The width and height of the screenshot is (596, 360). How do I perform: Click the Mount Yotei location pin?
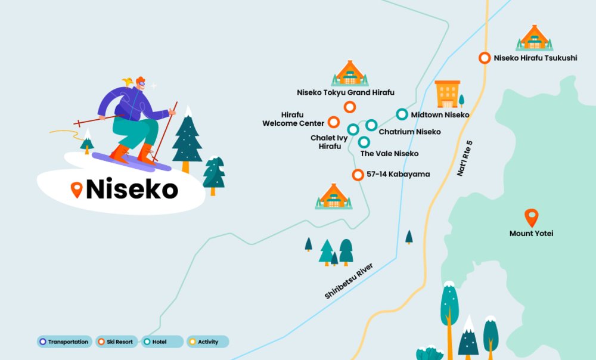coord(531,217)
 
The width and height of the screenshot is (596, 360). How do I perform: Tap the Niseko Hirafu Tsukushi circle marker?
coord(485,58)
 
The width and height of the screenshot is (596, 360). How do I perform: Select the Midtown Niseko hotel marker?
coord(402,114)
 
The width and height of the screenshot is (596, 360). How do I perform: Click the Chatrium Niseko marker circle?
coord(371,125)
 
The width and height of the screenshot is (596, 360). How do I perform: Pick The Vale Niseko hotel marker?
coord(364,142)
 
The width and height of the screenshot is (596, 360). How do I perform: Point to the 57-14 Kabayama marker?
coord(358,175)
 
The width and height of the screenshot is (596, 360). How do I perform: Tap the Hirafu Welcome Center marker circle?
coord(334,122)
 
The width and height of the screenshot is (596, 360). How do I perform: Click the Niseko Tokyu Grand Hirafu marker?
coord(350,107)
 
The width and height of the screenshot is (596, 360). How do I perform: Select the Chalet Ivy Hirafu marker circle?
coord(353,129)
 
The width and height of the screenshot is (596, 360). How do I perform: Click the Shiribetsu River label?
coord(349,281)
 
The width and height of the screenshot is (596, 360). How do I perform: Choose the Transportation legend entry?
coord(64,342)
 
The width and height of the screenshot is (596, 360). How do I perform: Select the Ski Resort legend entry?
coord(117,342)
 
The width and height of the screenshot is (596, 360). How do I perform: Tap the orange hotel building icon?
coord(448,94)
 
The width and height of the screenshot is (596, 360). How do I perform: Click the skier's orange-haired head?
coord(139,83)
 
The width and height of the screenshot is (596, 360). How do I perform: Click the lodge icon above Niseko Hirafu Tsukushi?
coord(534,38)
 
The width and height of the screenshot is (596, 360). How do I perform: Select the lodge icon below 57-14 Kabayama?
coord(333,196)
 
